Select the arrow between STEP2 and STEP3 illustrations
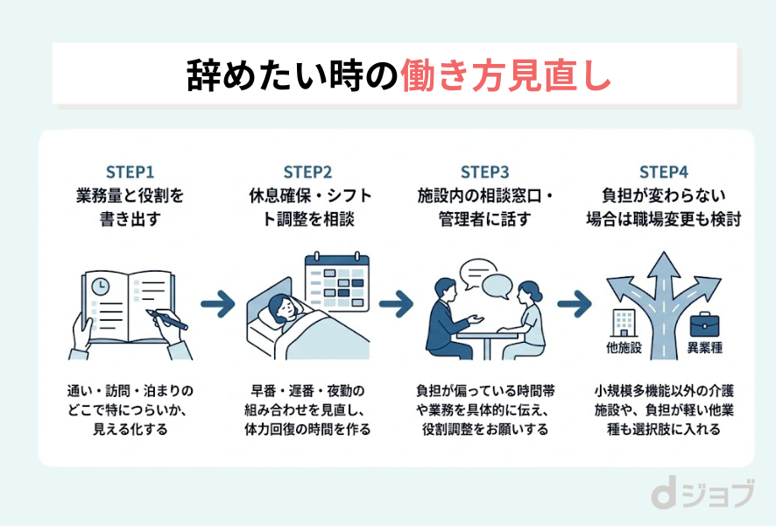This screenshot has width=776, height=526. pyautogui.click(x=396, y=305)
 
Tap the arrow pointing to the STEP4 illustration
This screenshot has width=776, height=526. pyautogui.click(x=575, y=305)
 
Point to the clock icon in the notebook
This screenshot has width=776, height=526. pyautogui.click(x=102, y=286)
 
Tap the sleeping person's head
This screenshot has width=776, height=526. pyautogui.click(x=283, y=307)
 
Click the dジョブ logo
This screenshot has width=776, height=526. pyautogui.click(x=701, y=495)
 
